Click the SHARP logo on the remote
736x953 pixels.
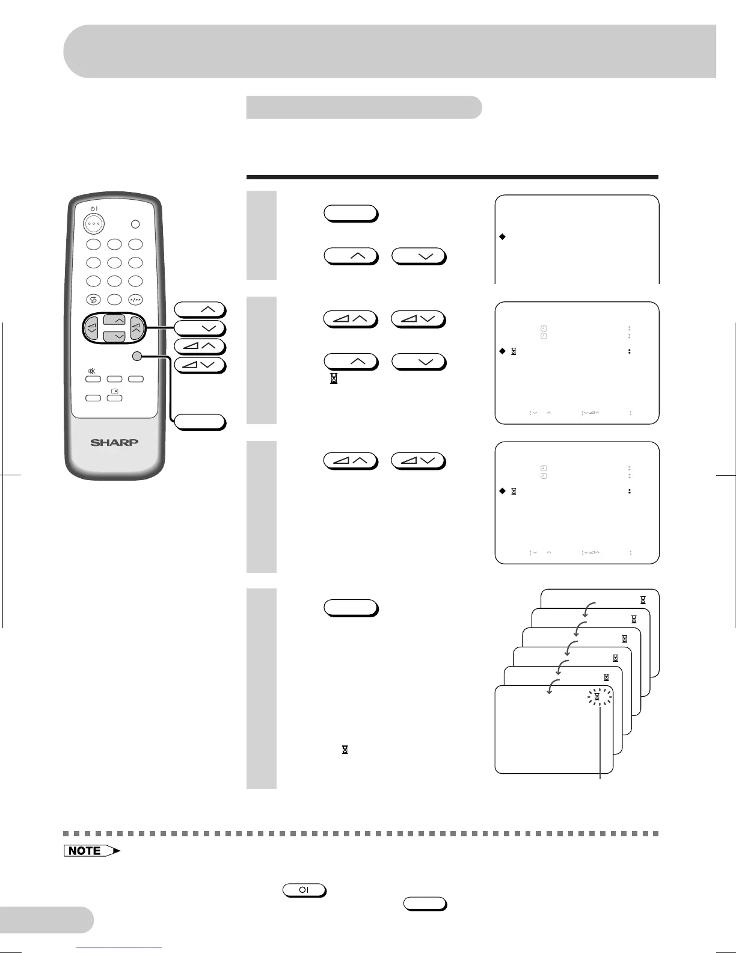point(114,442)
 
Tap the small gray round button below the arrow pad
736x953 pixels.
point(137,356)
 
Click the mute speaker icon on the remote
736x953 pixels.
point(93,371)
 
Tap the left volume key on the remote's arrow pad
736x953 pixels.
point(92,328)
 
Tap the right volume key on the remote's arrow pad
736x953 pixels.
point(136,328)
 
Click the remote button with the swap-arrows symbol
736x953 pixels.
point(93,300)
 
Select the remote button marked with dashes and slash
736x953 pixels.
point(135,300)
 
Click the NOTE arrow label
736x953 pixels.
point(91,851)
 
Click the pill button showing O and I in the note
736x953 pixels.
point(304,890)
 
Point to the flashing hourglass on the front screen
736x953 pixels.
point(597,697)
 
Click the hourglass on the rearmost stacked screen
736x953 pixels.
point(643,600)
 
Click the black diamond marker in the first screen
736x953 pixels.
point(502,236)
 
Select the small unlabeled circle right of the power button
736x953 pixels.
point(135,224)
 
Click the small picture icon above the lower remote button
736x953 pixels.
point(114,391)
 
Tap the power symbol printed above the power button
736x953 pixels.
point(93,208)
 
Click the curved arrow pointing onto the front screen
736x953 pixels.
point(551,686)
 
